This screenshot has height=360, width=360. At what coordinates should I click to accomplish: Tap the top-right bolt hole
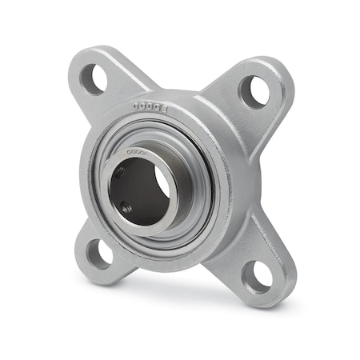click(254, 91)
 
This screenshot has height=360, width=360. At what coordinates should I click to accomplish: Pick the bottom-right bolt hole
click(258, 276)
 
